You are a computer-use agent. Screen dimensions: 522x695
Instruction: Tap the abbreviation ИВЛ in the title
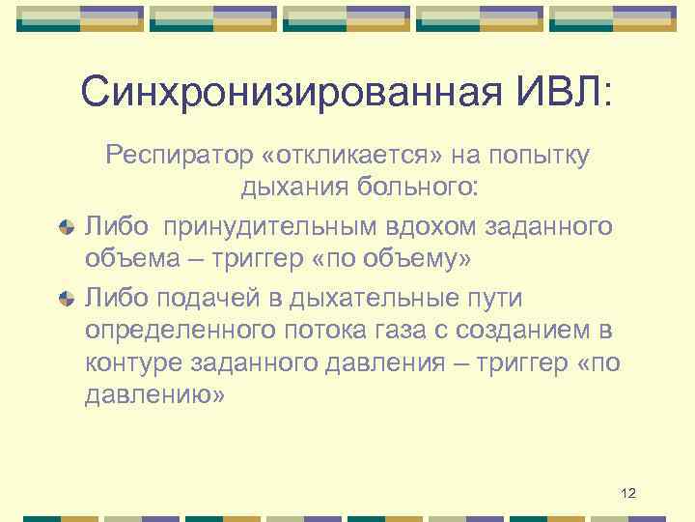pos(564,94)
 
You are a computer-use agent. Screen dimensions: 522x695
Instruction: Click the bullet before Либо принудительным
pos(66,227)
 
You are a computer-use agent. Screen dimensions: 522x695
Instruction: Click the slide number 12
pos(628,494)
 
